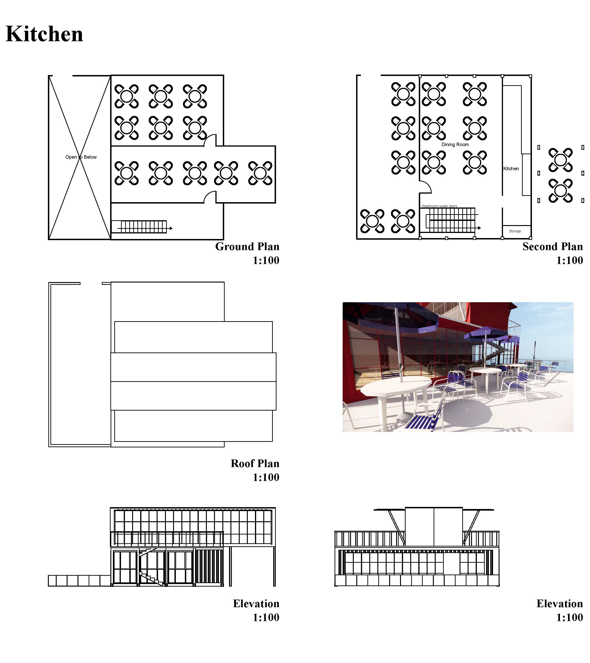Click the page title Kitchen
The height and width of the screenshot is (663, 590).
pyautogui.click(x=44, y=34)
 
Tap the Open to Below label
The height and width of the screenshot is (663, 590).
pyautogui.click(x=81, y=157)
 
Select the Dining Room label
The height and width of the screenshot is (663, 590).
pyautogui.click(x=455, y=145)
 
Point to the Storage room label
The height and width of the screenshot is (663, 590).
pyautogui.click(x=515, y=231)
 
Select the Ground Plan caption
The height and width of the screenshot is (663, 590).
pyautogui.click(x=247, y=246)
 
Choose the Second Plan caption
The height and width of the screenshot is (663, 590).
pyautogui.click(x=553, y=246)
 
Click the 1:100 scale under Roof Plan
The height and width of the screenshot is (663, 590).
pyautogui.click(x=266, y=477)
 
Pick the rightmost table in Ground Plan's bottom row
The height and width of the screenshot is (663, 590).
pyautogui.click(x=260, y=173)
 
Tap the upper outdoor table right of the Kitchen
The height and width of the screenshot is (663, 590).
pyautogui.click(x=560, y=160)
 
